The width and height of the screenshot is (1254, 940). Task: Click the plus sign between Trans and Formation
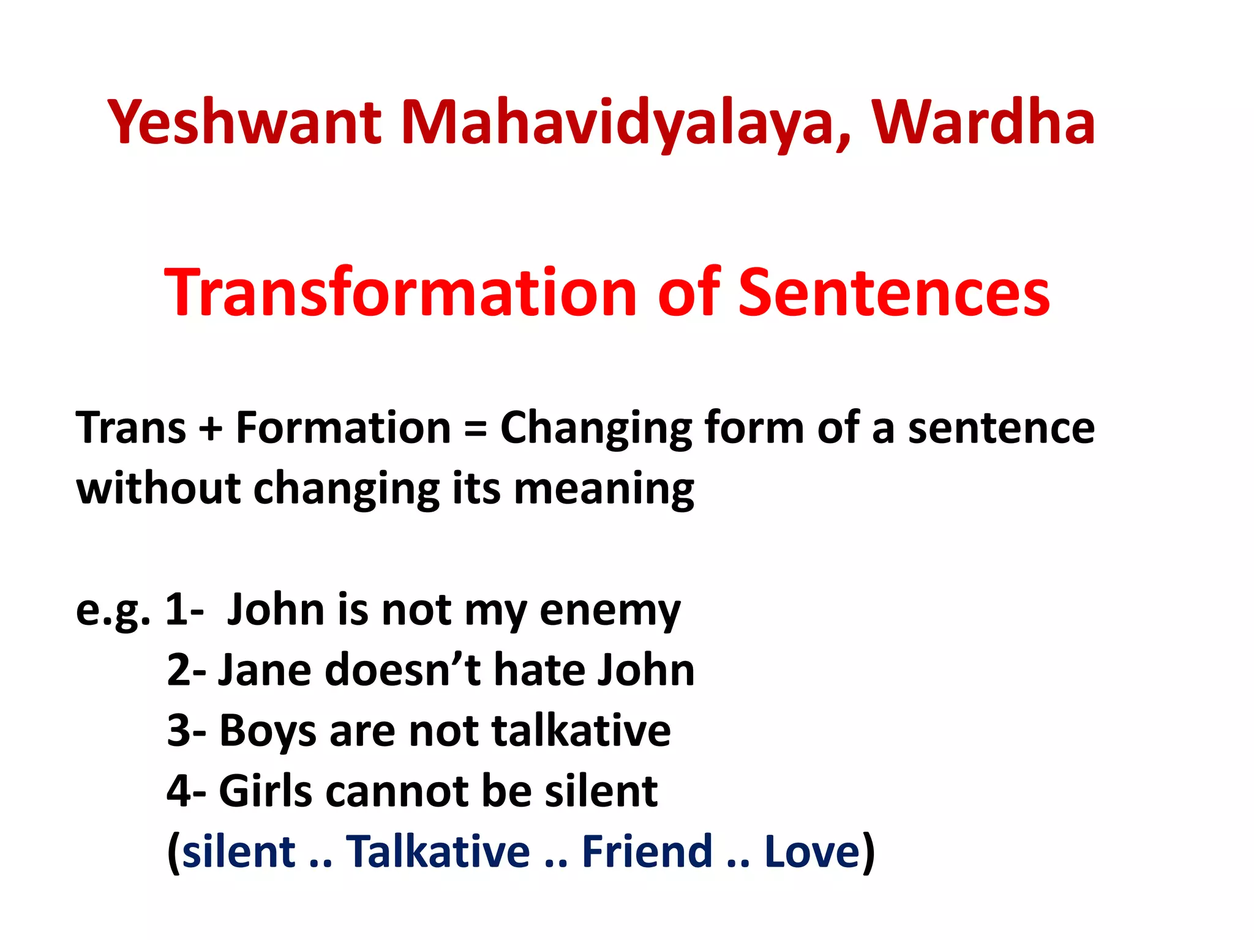pyautogui.click(x=211, y=428)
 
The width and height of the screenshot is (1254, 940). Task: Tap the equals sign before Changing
pyautogui.click(x=475, y=428)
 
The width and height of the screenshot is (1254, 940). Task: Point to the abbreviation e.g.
pyautogui.click(x=113, y=611)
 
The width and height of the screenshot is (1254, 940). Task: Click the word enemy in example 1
pyautogui.click(x=610, y=611)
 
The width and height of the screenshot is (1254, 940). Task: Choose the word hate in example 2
pyautogui.click(x=538, y=670)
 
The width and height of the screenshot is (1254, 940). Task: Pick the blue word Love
pyautogui.click(x=813, y=851)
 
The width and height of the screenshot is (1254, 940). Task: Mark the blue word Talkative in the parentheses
pyautogui.click(x=438, y=851)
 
